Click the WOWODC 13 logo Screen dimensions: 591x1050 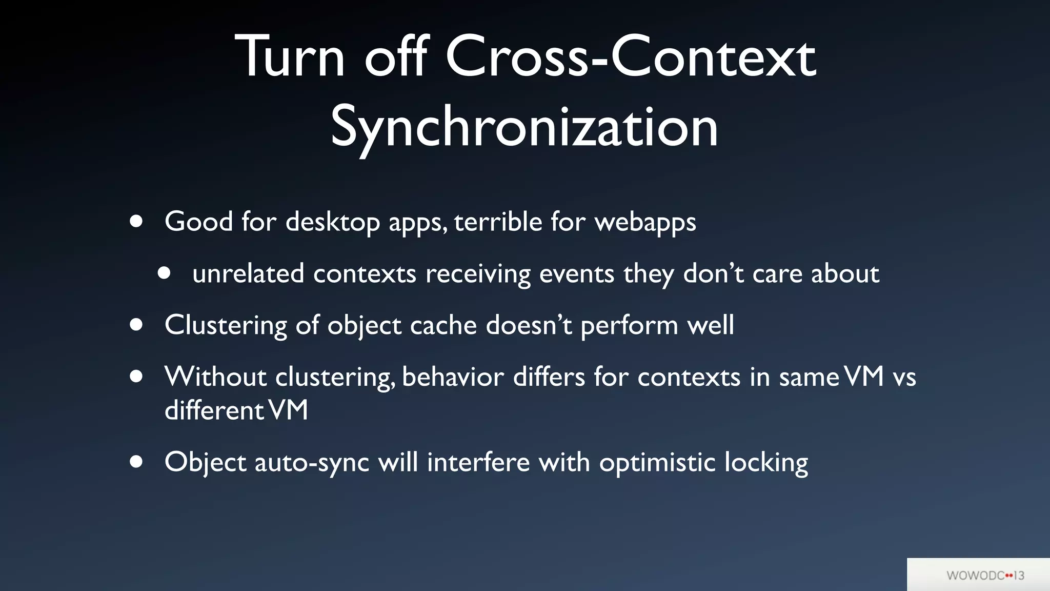pyautogui.click(x=985, y=575)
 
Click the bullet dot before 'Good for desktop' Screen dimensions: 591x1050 pyautogui.click(x=136, y=221)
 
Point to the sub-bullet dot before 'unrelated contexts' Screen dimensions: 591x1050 pyautogui.click(x=164, y=273)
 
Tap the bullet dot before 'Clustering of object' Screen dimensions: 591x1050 pyautogui.click(x=136, y=325)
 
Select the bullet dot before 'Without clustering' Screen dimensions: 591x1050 pyautogui.click(x=136, y=377)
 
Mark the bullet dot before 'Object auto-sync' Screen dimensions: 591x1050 pyautogui.click(x=136, y=461)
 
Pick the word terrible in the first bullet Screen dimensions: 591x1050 pyautogui.click(x=498, y=222)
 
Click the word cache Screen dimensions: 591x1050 pyautogui.click(x=443, y=325)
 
